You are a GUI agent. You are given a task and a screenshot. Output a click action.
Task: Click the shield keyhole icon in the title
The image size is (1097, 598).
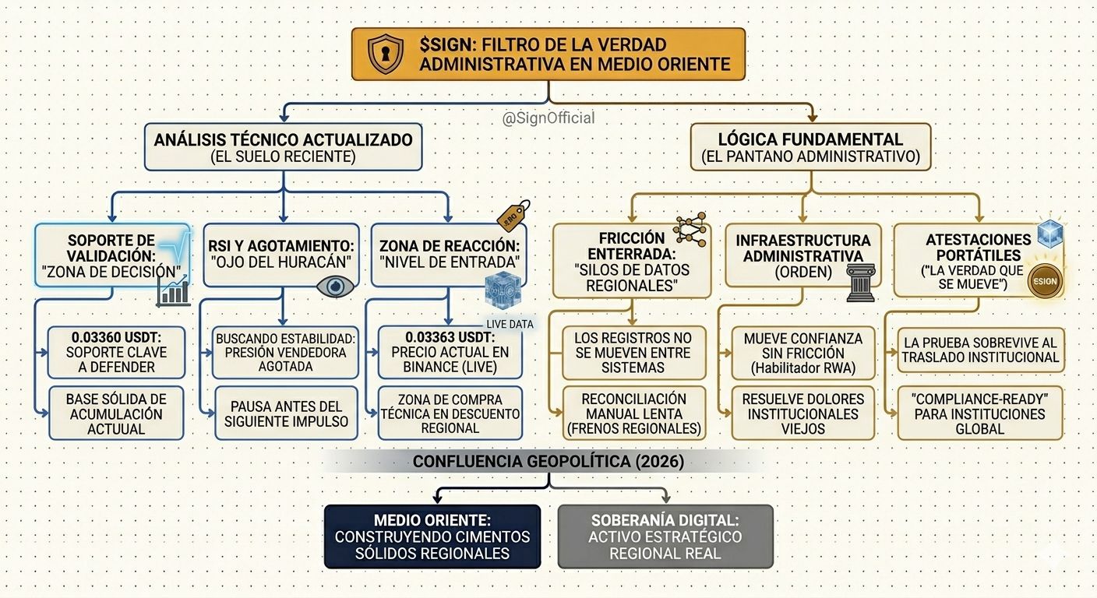[x=386, y=55]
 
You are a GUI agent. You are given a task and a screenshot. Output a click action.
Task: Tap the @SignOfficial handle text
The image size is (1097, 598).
[x=548, y=118]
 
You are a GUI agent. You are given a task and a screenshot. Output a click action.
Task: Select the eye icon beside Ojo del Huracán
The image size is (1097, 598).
[x=335, y=286]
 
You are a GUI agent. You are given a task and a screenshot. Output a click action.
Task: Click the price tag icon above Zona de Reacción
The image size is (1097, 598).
[x=513, y=215]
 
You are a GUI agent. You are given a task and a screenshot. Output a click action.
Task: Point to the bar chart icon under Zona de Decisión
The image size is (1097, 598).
[x=173, y=292]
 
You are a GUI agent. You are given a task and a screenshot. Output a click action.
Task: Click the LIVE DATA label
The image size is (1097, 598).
[x=510, y=324]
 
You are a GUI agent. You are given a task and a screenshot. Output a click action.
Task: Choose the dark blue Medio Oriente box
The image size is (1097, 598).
[x=432, y=536]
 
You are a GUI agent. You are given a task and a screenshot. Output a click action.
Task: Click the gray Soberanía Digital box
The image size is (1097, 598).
[x=665, y=536]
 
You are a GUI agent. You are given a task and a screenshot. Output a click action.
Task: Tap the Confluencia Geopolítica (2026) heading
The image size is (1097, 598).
[x=548, y=461]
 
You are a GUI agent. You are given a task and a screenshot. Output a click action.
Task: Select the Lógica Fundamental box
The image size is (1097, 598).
[x=810, y=147]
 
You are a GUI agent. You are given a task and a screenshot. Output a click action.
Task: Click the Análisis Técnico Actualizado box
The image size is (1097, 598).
[x=283, y=147]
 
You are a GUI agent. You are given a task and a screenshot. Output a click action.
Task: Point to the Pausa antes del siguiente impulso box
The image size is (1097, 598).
[x=287, y=413]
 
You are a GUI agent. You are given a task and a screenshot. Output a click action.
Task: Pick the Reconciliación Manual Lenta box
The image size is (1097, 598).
[x=633, y=413]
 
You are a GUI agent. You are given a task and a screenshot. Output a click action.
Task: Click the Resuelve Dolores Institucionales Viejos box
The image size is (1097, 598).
[x=799, y=413]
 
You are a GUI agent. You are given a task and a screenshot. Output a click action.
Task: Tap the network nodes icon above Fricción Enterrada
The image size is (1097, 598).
[x=690, y=229]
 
